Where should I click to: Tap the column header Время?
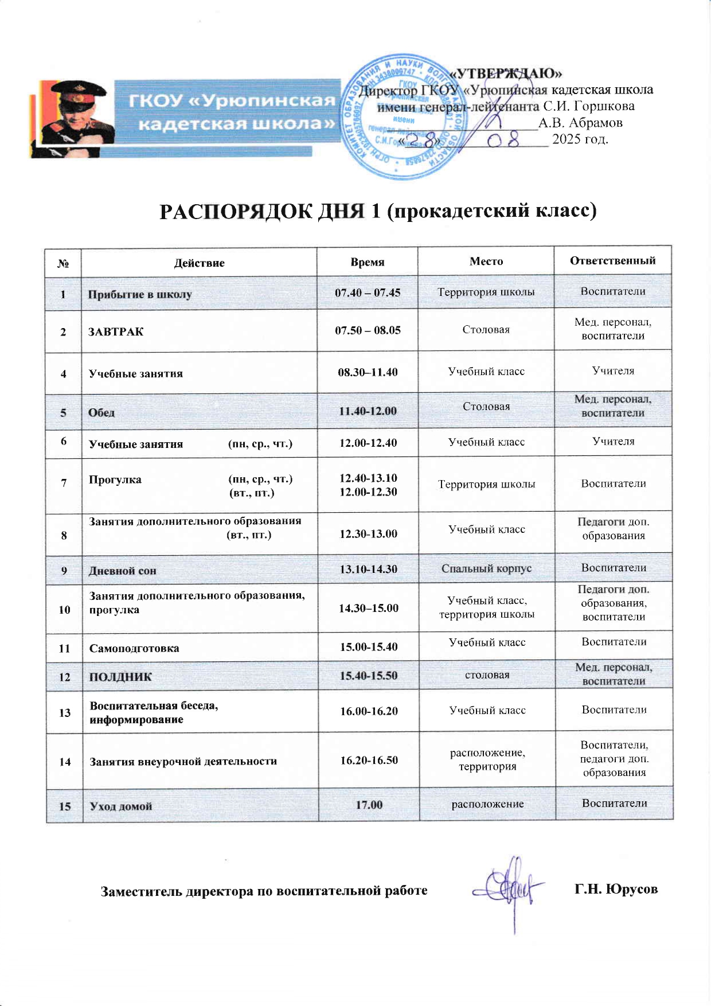(368, 262)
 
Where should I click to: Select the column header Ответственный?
(612, 260)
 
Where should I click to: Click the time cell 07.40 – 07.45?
(368, 293)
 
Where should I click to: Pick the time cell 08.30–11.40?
(368, 372)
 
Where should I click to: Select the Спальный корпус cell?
(486, 568)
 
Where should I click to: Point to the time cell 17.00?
(369, 805)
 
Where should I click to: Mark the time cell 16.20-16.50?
(369, 760)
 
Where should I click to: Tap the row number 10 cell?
(64, 610)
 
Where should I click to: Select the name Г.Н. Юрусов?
(616, 889)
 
